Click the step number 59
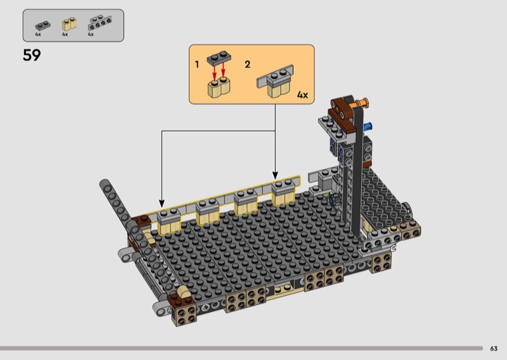32,55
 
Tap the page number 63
494,349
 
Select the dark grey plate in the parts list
42,25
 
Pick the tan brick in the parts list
69,23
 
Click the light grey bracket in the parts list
99,23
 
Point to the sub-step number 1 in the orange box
196,65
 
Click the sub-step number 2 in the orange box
247,65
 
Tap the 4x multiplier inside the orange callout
302,95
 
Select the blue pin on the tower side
368,126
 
